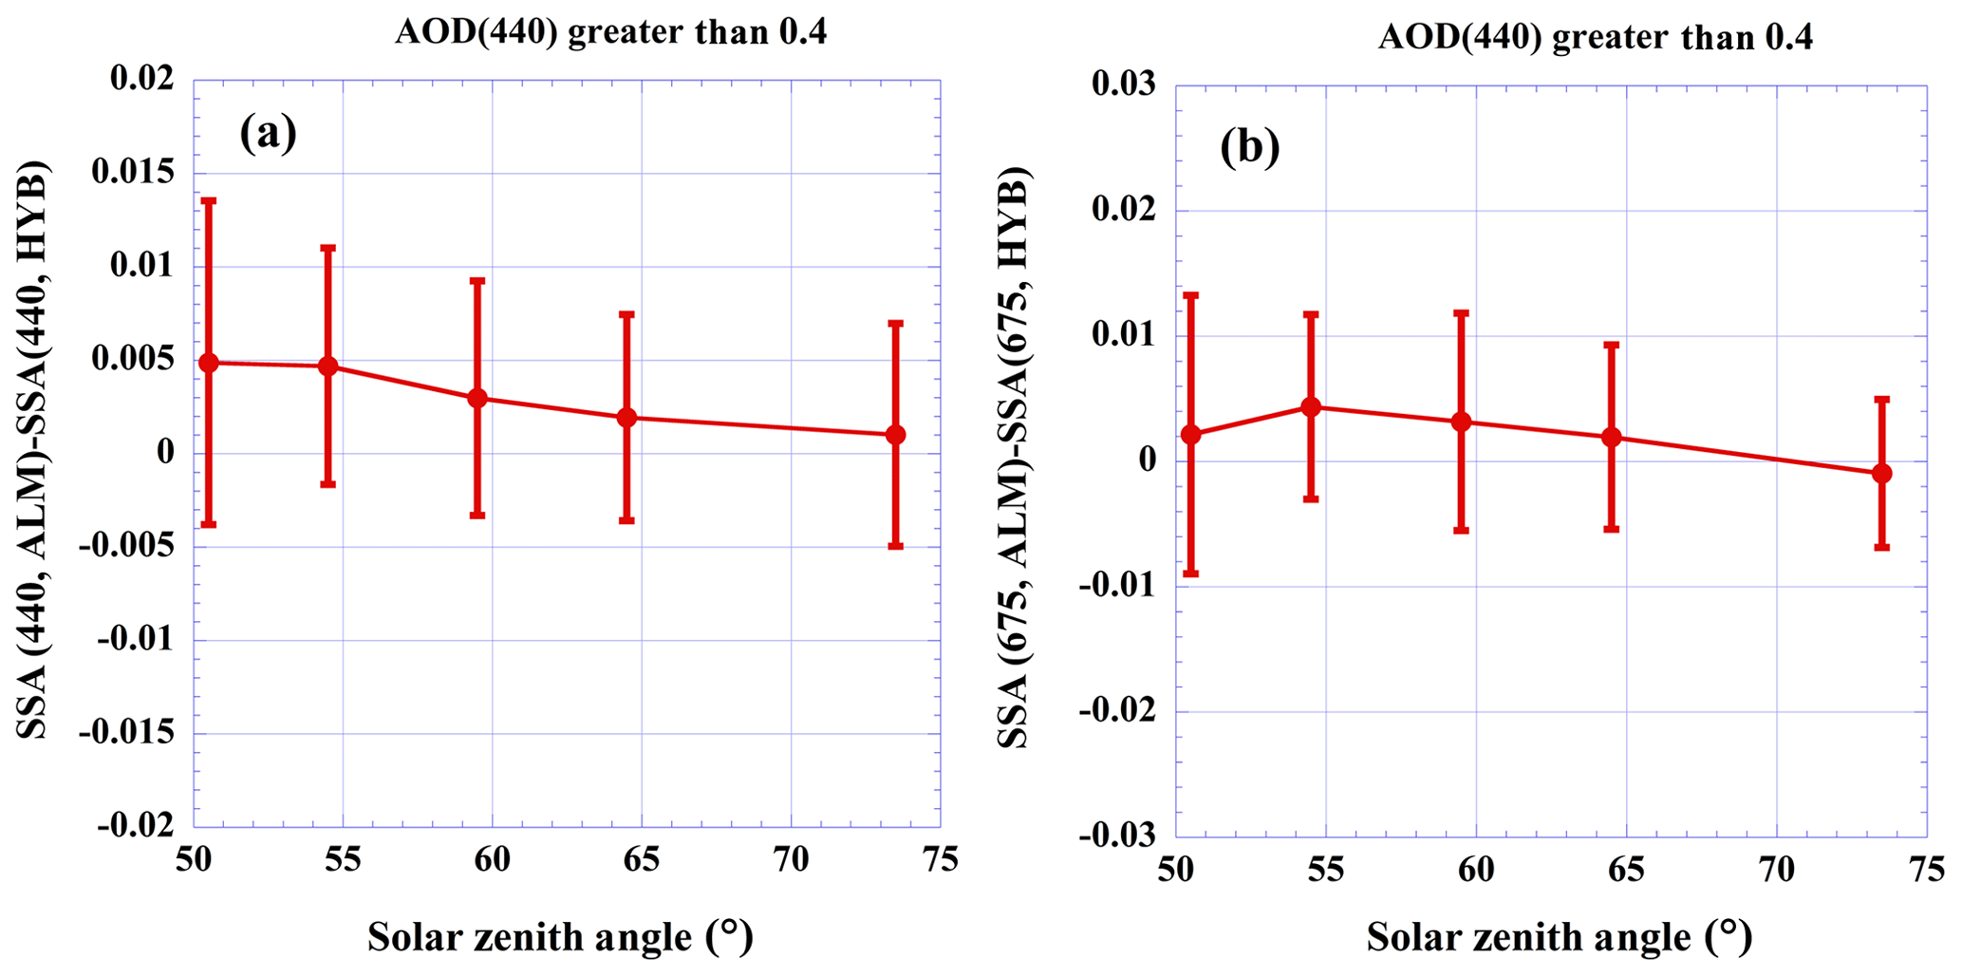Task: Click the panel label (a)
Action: (x=269, y=133)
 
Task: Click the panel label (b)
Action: (x=1250, y=147)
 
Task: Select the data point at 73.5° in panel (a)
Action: (x=895, y=435)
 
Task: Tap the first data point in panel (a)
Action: (x=209, y=363)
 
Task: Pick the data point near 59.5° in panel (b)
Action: (x=1462, y=422)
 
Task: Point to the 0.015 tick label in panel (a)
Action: (x=133, y=172)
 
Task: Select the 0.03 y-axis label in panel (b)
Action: (x=1124, y=84)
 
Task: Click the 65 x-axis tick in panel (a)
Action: (x=642, y=860)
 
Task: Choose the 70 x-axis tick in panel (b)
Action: (x=1776, y=870)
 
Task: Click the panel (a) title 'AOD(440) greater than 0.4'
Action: (x=611, y=32)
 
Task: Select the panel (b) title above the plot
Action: (x=1596, y=38)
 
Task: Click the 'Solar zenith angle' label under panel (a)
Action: (x=560, y=937)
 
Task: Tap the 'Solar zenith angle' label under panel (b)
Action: (x=1559, y=937)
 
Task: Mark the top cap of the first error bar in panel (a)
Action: (x=209, y=200)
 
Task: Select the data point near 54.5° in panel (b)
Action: (x=1311, y=406)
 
